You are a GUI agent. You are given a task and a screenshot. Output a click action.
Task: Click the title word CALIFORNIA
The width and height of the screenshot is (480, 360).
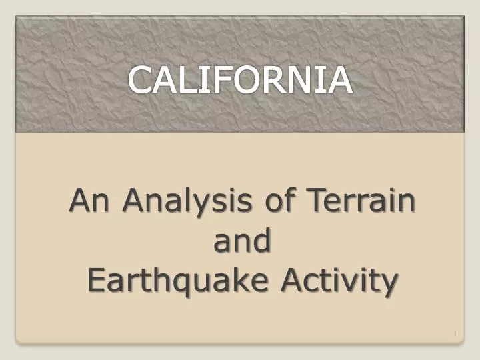coord(240,79)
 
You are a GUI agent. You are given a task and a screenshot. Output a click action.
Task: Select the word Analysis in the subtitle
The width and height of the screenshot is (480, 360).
coord(187,201)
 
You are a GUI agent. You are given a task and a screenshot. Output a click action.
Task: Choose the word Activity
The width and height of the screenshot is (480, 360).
coord(339,280)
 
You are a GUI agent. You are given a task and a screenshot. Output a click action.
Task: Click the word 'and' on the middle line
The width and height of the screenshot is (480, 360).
coord(242,240)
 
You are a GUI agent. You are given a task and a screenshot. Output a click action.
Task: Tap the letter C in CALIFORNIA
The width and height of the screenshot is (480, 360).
coord(141,79)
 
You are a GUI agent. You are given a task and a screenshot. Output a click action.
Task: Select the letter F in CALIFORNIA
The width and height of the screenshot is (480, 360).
coord(221,79)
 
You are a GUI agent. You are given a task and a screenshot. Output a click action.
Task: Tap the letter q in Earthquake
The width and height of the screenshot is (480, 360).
coord(181,283)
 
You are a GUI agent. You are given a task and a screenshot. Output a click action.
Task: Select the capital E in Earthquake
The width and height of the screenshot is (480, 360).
coord(97,279)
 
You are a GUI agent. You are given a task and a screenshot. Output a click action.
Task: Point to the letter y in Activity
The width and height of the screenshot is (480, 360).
coord(389,284)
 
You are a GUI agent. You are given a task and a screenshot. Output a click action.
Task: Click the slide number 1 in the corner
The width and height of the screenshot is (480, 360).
coord(455,334)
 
